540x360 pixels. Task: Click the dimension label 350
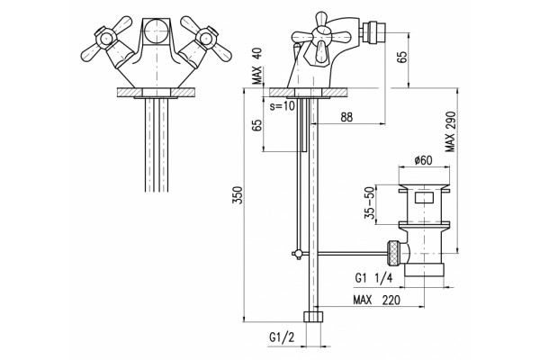tap(238, 194)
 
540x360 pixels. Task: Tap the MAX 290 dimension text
tap(450, 131)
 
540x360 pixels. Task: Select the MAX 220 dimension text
tap(377, 300)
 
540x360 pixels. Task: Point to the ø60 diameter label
tap(424, 160)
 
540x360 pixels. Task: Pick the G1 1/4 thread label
tap(373, 278)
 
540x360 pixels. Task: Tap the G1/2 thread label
tap(282, 337)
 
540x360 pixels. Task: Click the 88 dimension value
tap(346, 117)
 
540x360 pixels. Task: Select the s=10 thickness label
tap(283, 106)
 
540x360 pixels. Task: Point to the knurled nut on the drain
tap(393, 254)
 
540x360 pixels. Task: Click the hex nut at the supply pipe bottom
tap(314, 317)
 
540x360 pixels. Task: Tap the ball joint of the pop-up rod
tap(298, 254)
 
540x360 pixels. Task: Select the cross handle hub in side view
tap(320, 35)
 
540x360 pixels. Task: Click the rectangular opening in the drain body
tap(424, 198)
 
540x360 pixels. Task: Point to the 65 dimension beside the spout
tap(402, 57)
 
